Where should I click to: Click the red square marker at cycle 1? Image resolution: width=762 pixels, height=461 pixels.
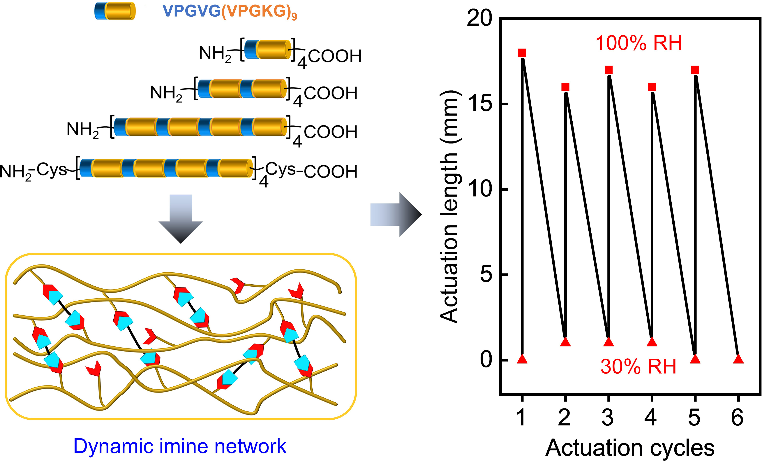(x=522, y=53)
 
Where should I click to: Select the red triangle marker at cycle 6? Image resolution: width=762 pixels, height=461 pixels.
(x=738, y=359)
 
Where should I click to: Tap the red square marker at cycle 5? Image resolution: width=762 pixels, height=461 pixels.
(x=695, y=70)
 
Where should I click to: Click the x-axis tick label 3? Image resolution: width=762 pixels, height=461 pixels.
(x=608, y=418)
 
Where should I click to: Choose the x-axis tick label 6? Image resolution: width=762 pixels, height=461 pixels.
(x=738, y=418)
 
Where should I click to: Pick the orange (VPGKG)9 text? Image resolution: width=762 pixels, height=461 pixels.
(x=259, y=12)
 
